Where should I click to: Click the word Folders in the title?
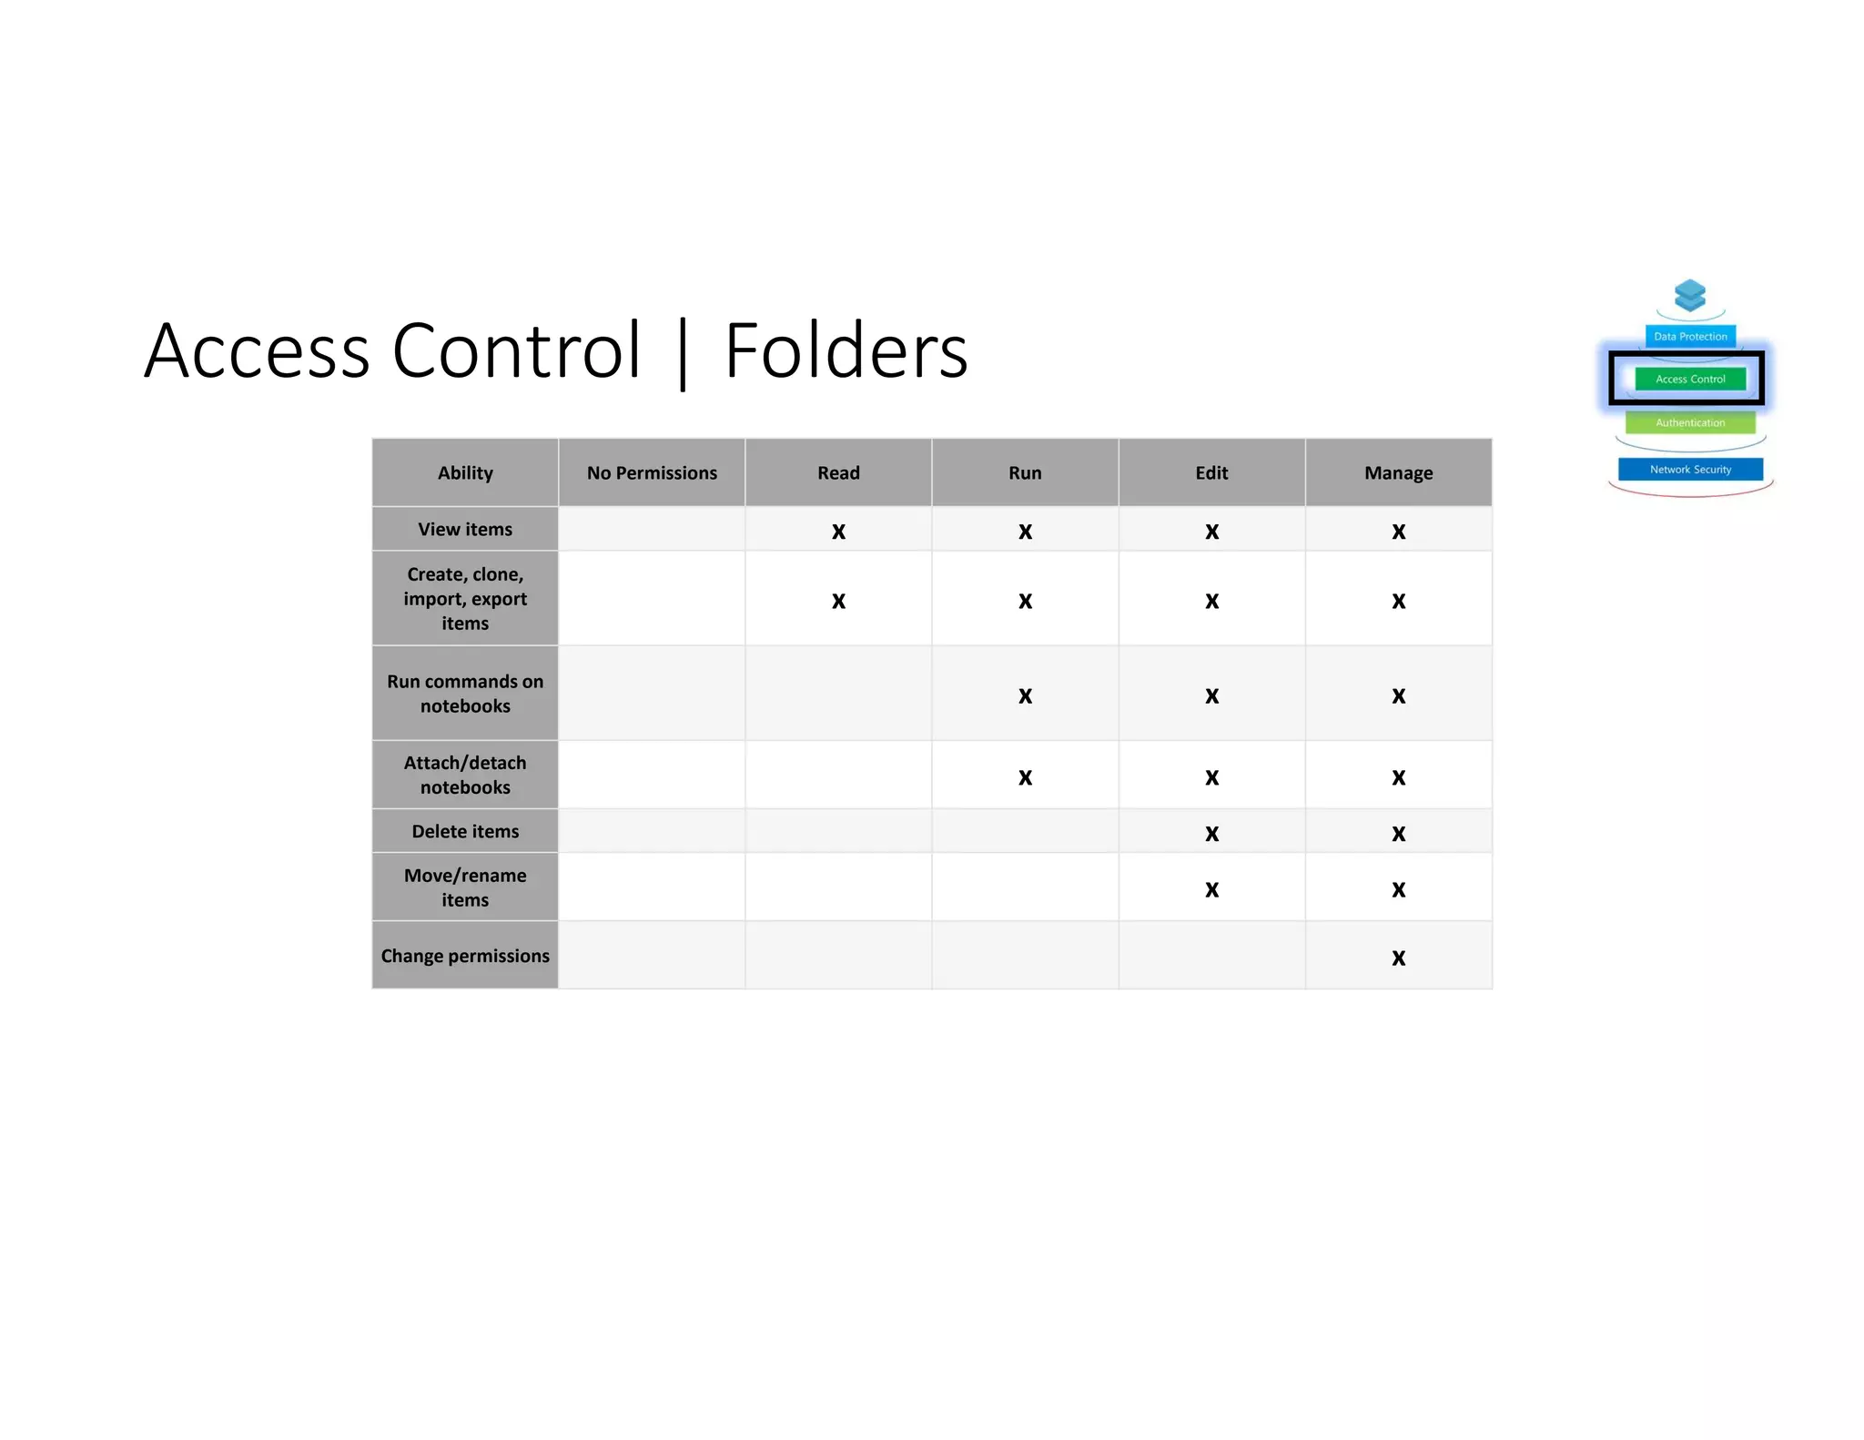click(846, 350)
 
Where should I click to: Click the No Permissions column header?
click(652, 473)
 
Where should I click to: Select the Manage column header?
click(1398, 473)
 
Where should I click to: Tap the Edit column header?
click(1211, 473)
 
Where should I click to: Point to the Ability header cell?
click(465, 473)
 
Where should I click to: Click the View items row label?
click(465, 530)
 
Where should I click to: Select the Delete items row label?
click(465, 831)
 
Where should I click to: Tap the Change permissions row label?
click(465, 956)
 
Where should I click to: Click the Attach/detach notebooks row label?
click(465, 775)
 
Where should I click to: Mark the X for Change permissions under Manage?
click(1398, 958)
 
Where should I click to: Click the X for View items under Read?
click(838, 532)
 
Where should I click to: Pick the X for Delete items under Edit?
click(1211, 834)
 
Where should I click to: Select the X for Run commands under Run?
click(1025, 696)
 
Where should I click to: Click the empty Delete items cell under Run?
click(1025, 831)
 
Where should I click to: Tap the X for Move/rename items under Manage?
click(1398, 889)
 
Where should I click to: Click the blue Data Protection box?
click(1690, 336)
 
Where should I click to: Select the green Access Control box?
click(1690, 379)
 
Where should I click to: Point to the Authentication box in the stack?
click(1690, 422)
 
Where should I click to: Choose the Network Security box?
click(1690, 470)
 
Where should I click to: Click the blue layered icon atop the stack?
click(1690, 295)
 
